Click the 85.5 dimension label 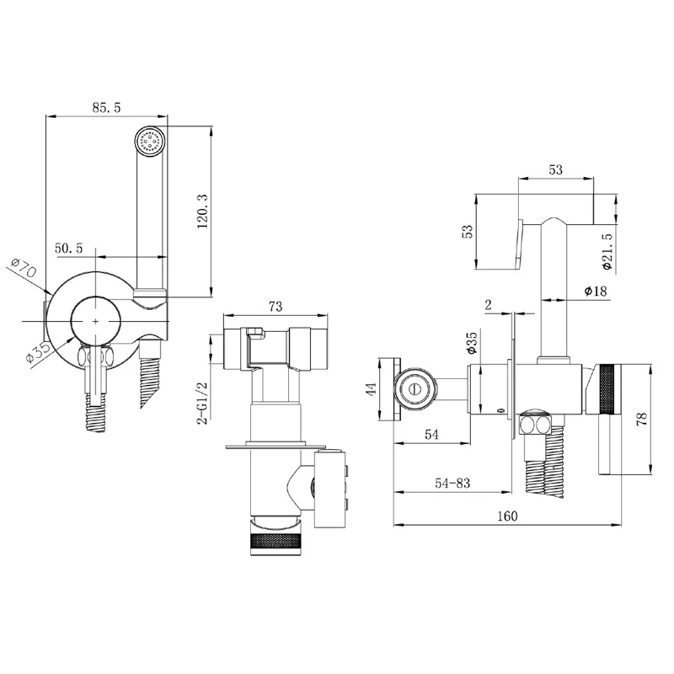(x=106, y=108)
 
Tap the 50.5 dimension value (x=68, y=248)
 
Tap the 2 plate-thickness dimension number (x=489, y=304)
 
